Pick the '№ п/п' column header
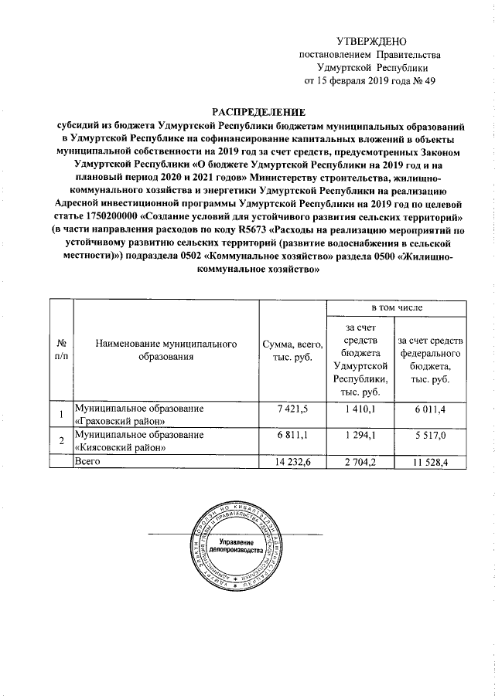tap(61, 349)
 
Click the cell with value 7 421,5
tap(292, 407)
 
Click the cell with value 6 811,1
tap(292, 435)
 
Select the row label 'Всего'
tap(87, 461)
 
